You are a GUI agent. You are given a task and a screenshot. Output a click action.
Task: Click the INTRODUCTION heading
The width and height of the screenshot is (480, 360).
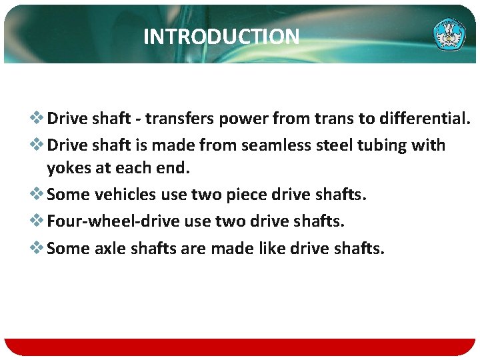coord(221,37)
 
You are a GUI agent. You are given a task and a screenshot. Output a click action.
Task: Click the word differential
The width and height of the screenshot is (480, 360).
coord(424,119)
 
